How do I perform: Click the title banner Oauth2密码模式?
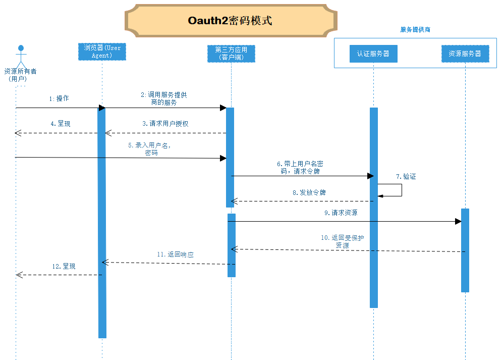coord(230,21)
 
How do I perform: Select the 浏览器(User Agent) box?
coord(102,52)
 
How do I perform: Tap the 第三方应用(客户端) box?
coord(231,54)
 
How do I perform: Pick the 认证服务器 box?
coord(373,54)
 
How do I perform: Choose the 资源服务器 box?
coord(465,54)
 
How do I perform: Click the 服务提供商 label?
coord(415,30)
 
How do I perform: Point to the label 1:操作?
coord(59,99)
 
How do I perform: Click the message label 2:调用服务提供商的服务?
coord(164,98)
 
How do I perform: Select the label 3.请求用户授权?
coord(165,124)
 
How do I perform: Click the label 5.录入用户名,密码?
coord(151,148)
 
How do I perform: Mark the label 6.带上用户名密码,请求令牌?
coord(300,168)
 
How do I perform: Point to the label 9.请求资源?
coord(341,213)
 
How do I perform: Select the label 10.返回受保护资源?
coord(342,241)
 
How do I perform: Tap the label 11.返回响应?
coord(175,255)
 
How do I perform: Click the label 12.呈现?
coord(64,266)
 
